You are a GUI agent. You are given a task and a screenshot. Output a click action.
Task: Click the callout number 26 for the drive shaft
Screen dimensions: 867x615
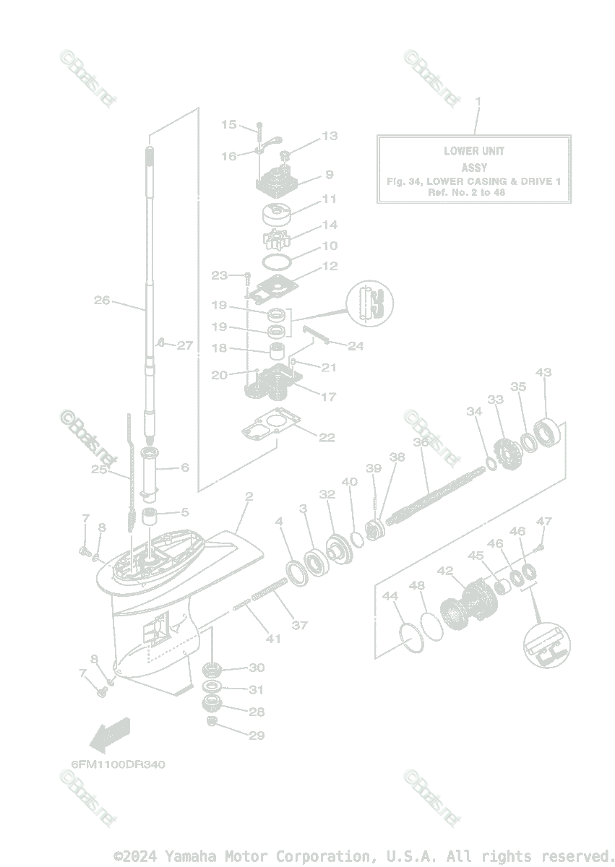[x=102, y=300]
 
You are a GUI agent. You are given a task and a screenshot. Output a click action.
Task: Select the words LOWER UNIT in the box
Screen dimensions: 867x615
[x=474, y=151]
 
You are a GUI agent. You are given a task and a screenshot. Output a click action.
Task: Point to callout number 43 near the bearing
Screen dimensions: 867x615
[x=543, y=373]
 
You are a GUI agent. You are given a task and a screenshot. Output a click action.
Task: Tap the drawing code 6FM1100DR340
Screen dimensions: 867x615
[x=117, y=764]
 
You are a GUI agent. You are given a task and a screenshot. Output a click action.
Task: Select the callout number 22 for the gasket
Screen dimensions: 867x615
[x=327, y=437]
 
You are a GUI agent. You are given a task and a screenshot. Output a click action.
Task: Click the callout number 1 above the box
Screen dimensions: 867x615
[x=477, y=100]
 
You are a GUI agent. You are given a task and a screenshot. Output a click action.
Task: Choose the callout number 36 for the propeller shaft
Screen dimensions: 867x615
[x=421, y=441]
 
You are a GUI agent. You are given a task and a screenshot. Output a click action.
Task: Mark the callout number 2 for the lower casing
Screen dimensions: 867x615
[x=249, y=496]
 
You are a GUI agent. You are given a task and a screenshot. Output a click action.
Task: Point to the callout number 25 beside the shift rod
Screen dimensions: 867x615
[x=99, y=470]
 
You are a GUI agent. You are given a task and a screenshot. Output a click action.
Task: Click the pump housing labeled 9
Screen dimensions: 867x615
[x=277, y=178]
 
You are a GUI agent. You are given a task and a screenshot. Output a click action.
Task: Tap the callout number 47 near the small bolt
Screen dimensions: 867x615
[x=543, y=522]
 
